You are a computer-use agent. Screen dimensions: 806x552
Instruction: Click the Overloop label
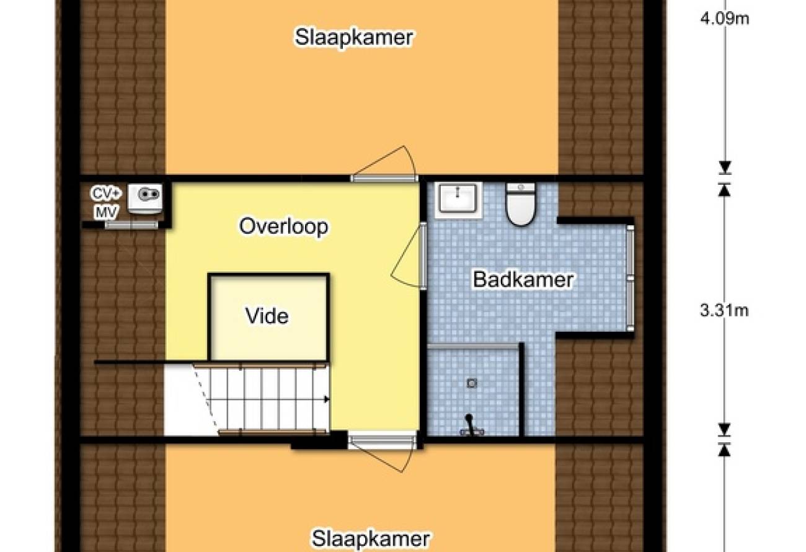(x=283, y=227)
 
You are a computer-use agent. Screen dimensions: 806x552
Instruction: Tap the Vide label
(x=267, y=316)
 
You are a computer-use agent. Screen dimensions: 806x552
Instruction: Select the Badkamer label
(x=523, y=280)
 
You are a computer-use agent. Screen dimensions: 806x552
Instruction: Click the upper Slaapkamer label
(x=353, y=37)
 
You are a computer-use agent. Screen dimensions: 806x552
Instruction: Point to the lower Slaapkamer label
(x=370, y=539)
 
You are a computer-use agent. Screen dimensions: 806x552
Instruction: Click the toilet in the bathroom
(x=520, y=204)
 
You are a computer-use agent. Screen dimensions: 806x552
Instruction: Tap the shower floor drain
(x=472, y=383)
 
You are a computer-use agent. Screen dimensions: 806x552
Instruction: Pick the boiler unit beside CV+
(x=145, y=198)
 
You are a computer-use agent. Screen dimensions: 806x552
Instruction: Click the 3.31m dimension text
(x=724, y=311)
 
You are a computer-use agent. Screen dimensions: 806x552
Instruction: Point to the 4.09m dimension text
(x=725, y=19)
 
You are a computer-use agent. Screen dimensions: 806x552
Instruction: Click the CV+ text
(x=106, y=194)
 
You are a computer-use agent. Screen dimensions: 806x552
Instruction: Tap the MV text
(x=107, y=212)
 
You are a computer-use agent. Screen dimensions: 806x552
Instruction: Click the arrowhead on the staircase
(x=326, y=399)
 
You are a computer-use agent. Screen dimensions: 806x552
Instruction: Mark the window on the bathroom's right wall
(x=630, y=278)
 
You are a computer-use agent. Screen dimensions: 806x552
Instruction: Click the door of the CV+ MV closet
(x=131, y=225)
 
